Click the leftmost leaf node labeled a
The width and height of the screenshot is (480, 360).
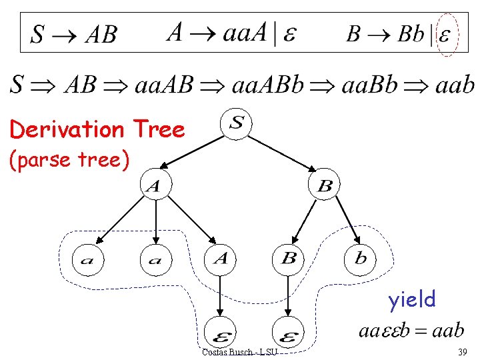point(87,259)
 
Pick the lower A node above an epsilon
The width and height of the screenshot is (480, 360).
point(221,258)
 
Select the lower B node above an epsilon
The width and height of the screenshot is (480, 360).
point(288,258)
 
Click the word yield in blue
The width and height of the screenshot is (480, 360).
point(412,299)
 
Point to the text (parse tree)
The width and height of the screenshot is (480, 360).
point(68,161)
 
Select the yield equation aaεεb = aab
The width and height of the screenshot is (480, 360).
point(411,331)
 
